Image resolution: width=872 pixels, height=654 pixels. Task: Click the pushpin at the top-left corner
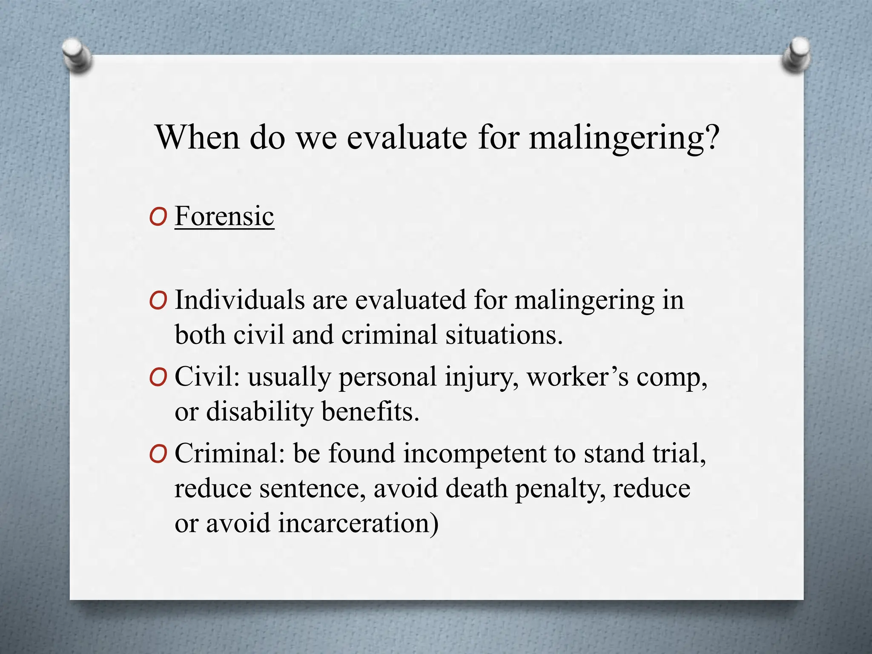(77, 55)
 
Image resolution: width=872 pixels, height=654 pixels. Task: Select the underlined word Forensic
(224, 216)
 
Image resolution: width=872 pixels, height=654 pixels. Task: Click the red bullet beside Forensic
(158, 218)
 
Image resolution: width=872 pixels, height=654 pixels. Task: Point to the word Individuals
(240, 300)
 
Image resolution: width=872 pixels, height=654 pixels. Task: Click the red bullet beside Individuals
(158, 301)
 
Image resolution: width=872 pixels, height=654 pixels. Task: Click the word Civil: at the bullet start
(207, 377)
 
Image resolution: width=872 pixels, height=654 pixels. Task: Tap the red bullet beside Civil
(158, 379)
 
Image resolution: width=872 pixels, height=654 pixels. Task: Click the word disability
(259, 412)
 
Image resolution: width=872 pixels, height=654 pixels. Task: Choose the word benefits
(370, 412)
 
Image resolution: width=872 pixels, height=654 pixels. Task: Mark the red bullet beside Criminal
(158, 455)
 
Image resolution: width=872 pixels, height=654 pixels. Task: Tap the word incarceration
(358, 523)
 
